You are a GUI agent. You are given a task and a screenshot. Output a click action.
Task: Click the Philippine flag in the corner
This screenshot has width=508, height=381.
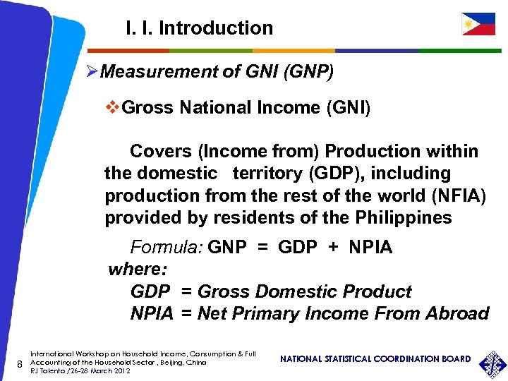(x=478, y=24)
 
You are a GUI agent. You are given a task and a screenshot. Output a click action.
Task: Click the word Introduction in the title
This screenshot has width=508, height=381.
(x=216, y=28)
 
